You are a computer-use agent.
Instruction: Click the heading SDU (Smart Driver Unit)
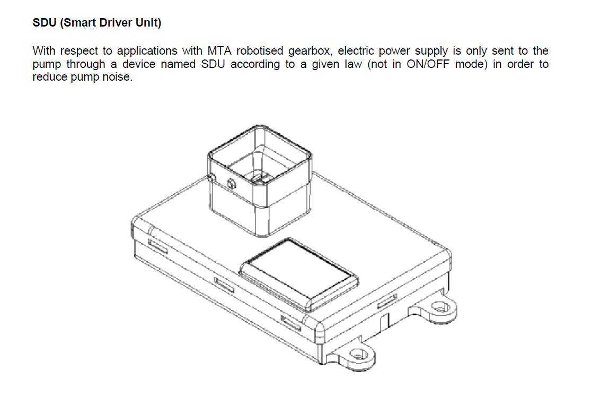97,23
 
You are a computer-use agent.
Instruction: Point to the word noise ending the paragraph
116,78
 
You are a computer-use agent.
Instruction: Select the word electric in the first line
356,51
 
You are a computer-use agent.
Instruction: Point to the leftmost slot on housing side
157,246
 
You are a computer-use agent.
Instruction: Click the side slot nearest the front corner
290,323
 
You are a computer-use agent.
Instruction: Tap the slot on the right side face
387,302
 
